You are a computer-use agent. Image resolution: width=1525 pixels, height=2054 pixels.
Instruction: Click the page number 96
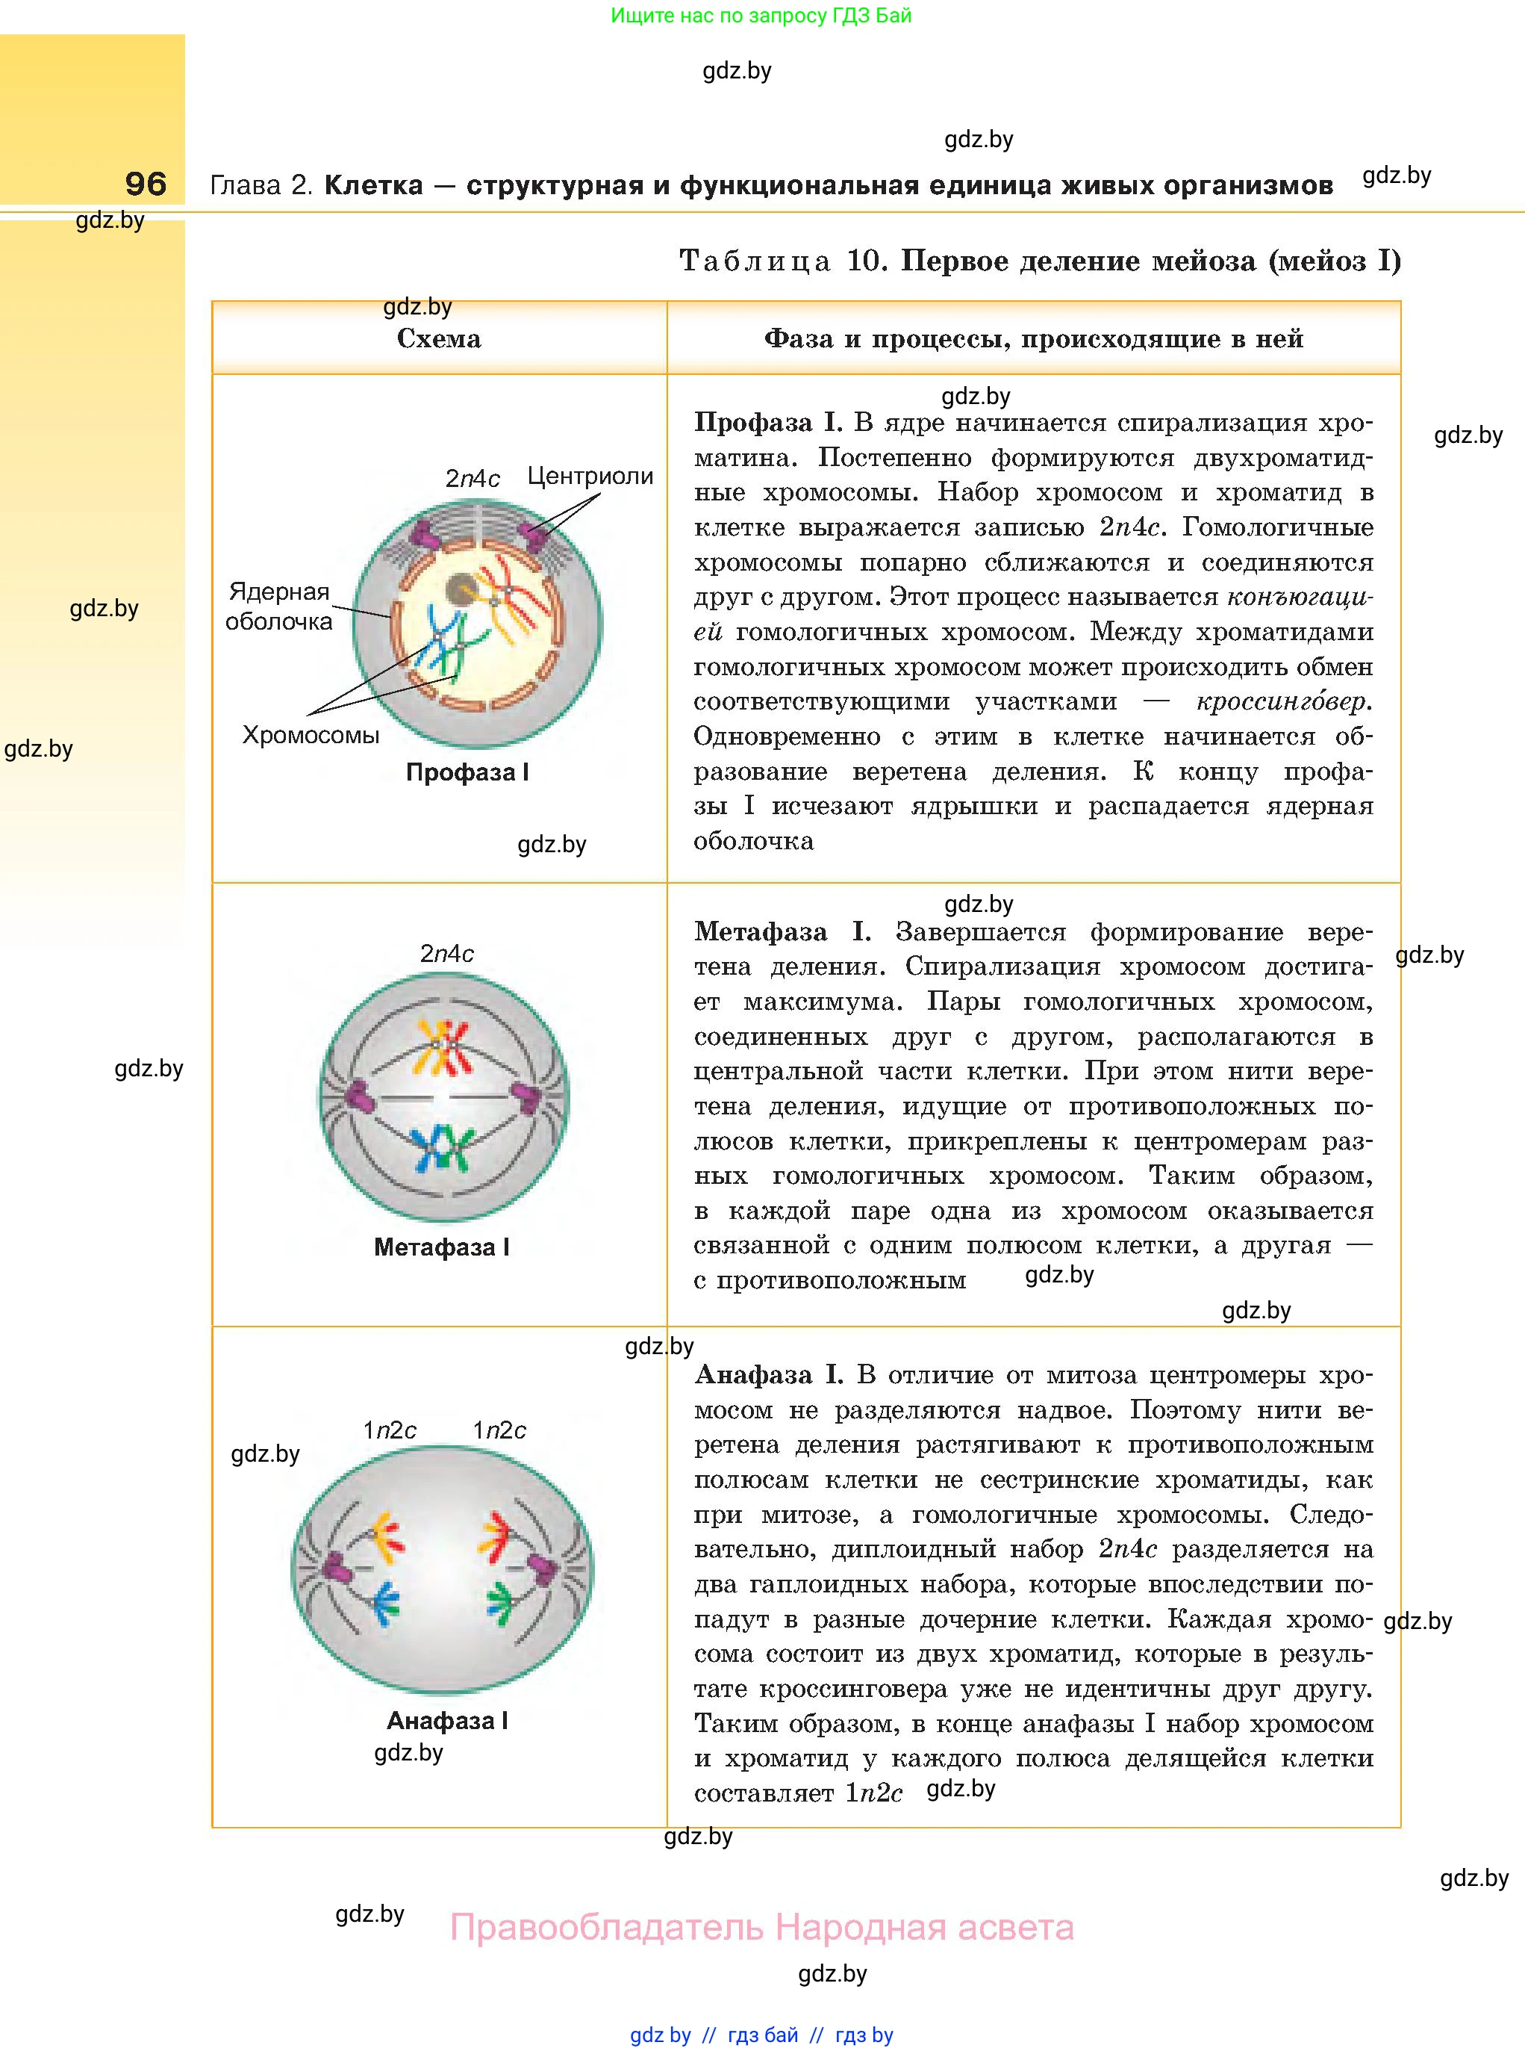146,184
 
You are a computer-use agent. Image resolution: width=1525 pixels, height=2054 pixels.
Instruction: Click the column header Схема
438,339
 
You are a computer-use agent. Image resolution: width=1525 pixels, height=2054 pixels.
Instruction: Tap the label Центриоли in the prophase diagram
590,477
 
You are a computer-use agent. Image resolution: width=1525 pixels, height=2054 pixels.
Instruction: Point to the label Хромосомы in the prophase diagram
311,735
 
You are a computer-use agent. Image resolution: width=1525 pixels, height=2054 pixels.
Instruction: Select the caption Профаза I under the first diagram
467,773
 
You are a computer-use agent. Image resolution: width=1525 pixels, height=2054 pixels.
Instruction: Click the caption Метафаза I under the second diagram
441,1248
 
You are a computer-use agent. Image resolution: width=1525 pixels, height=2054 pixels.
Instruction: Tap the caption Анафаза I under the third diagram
447,1721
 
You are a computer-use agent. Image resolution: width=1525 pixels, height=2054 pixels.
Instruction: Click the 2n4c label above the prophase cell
472,479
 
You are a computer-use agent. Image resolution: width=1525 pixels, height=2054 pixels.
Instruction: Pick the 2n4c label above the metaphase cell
447,954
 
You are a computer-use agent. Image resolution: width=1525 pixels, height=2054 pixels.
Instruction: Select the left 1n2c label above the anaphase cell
390,1430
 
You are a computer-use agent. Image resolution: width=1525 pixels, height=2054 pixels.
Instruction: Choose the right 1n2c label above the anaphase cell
499,1430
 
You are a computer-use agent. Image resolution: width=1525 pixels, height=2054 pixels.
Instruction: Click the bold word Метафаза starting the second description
761,932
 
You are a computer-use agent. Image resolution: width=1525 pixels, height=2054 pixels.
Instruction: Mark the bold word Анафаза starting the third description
753,1375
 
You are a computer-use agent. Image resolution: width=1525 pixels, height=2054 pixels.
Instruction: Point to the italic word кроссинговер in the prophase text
1282,702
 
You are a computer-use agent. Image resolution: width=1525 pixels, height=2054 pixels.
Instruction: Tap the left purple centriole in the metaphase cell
356,1097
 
